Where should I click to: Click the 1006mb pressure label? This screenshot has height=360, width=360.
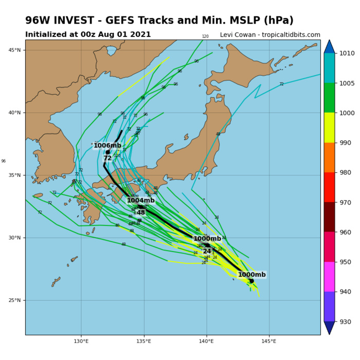click(107, 146)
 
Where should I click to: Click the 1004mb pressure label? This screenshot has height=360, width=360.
click(140, 201)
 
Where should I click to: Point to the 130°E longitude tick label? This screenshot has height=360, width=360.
click(81, 341)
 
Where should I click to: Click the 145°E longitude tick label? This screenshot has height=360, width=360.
click(269, 341)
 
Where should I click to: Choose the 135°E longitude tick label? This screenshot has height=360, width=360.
click(144, 341)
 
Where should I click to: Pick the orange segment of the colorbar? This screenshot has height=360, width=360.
click(329, 157)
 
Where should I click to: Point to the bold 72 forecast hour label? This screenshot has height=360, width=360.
click(107, 158)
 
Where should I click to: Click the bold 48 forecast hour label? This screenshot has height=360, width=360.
click(140, 212)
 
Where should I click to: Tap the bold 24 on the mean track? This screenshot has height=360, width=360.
click(207, 251)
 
